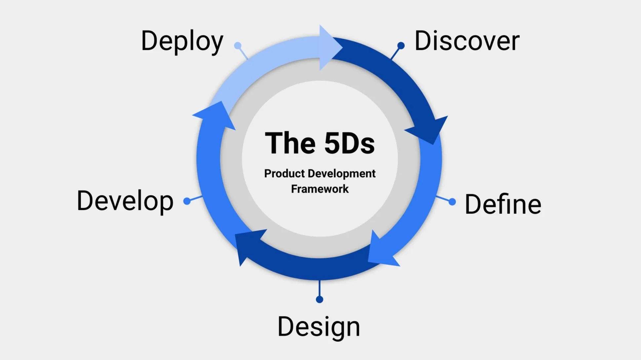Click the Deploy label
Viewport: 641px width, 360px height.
182,41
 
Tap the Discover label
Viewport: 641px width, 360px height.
467,41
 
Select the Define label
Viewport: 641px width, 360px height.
503,204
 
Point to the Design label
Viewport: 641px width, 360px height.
319,327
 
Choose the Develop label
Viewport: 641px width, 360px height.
125,201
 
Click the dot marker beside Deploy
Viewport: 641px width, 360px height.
238,45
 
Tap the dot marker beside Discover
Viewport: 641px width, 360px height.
401,45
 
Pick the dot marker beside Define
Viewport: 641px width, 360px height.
452,202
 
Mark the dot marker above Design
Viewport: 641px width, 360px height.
320,300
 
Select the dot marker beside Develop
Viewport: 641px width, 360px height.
187,201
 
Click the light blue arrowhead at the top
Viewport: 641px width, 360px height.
329,47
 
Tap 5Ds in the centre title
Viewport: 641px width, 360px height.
349,143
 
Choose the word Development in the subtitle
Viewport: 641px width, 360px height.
342,174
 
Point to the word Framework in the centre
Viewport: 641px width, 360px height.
320,189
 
